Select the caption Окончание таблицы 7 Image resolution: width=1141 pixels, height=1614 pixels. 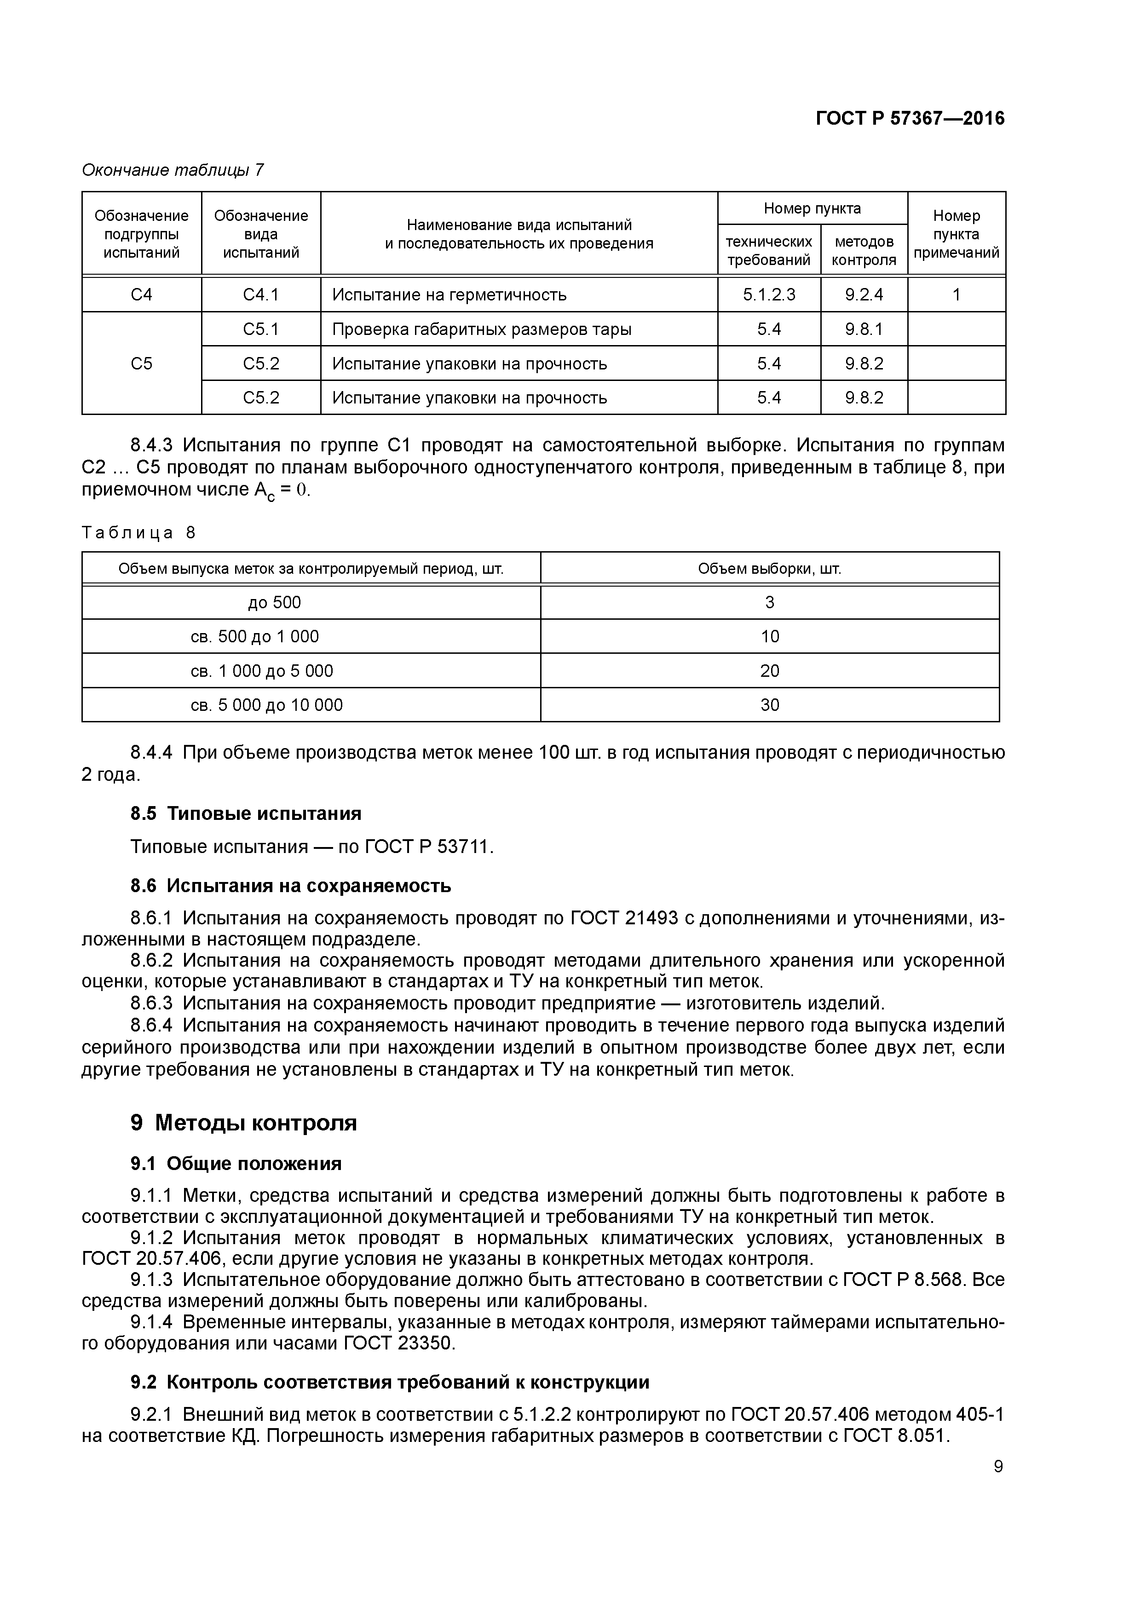coord(173,170)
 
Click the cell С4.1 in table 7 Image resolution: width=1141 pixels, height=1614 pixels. coord(261,294)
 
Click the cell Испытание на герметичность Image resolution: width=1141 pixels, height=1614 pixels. coord(449,294)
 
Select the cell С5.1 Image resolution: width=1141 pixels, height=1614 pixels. coord(261,329)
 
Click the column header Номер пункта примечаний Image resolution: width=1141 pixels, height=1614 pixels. coord(956,234)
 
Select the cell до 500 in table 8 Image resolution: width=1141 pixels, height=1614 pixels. coord(274,602)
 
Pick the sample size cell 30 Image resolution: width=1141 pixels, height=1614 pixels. coord(769,705)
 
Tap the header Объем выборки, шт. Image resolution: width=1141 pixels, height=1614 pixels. coord(769,569)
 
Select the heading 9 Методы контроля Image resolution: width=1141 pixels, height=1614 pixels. coord(243,1124)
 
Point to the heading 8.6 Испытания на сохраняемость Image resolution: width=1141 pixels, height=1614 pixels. coord(290,886)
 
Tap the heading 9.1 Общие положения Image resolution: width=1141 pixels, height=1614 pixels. coord(236,1164)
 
